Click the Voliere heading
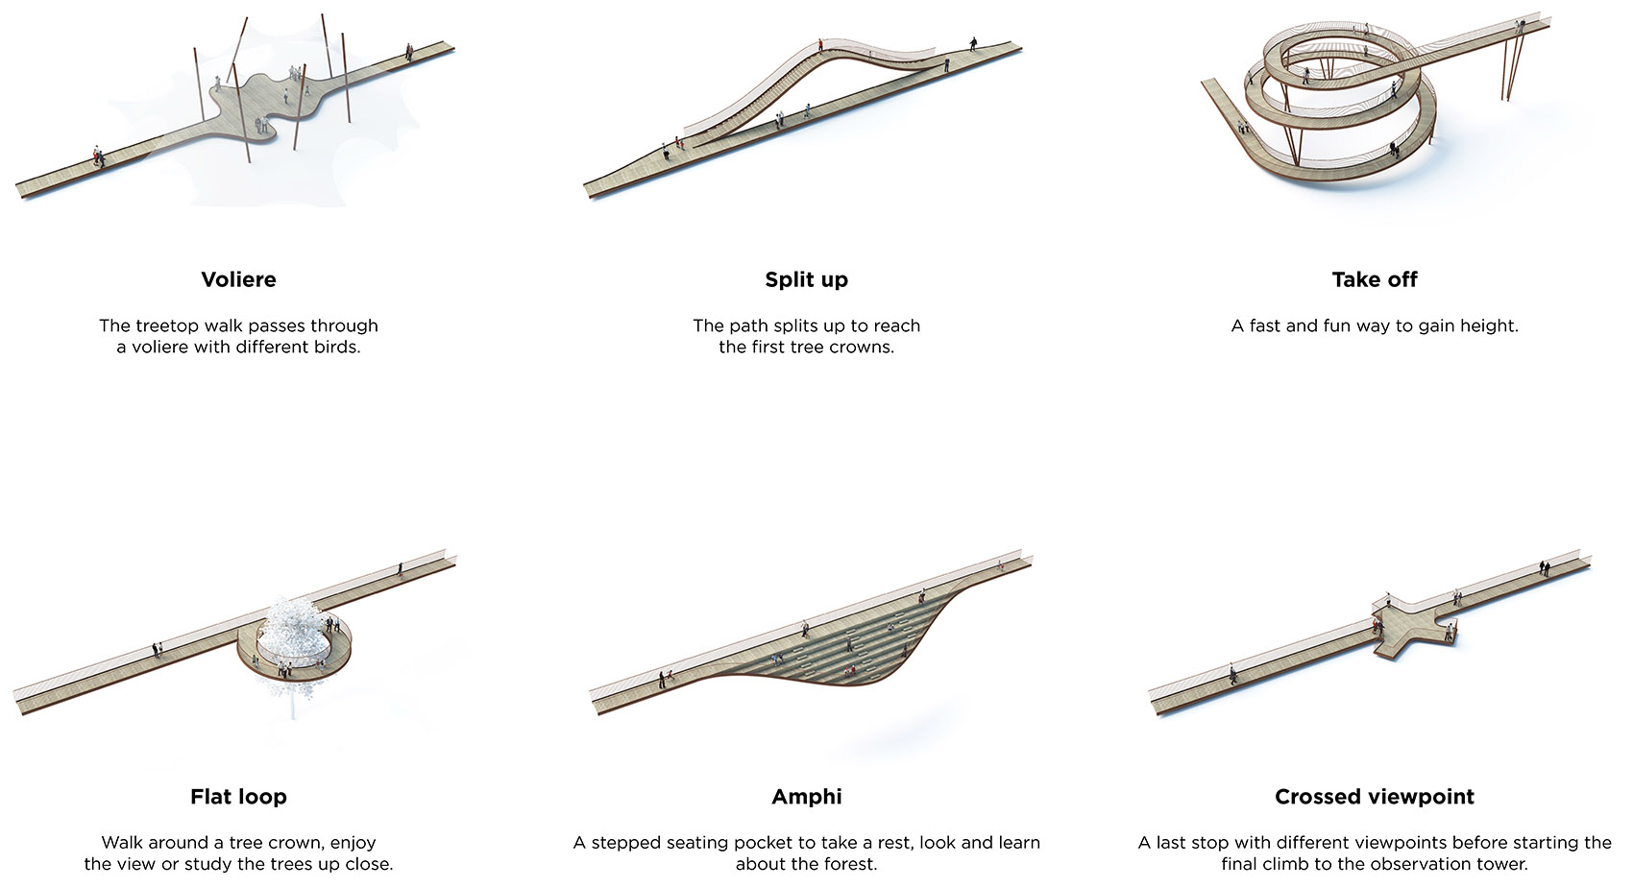[x=238, y=279]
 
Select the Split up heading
[x=806, y=279]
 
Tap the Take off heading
[x=1374, y=279]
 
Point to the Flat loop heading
[x=238, y=797]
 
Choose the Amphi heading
[x=806, y=797]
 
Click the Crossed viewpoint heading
[x=1374, y=797]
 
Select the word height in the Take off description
[x=1488, y=326]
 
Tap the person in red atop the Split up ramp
[x=820, y=45]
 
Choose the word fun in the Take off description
[x=1338, y=326]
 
